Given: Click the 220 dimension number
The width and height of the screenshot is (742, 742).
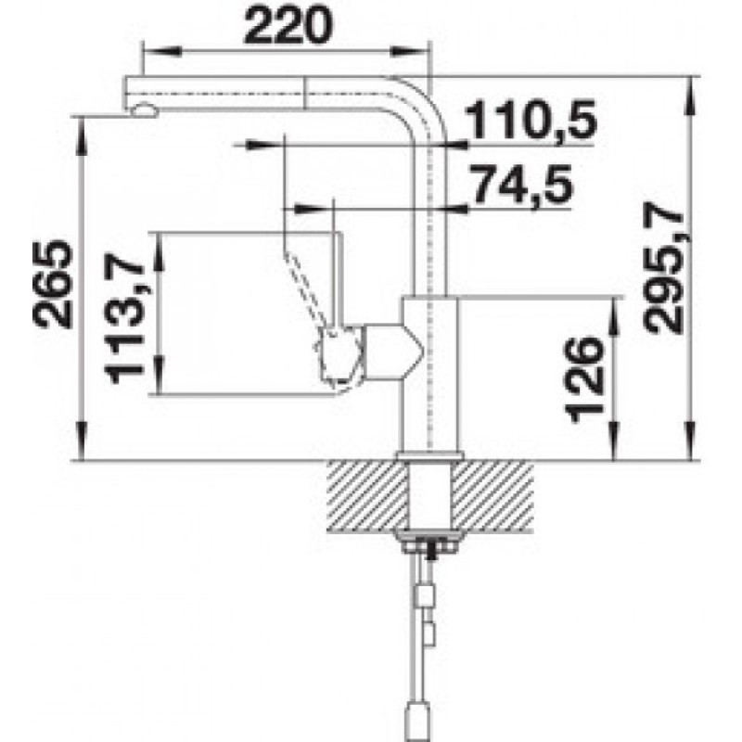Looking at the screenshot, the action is [288, 25].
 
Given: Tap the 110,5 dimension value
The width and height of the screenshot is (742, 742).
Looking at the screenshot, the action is [531, 121].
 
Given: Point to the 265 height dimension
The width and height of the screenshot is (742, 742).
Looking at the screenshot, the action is [53, 285].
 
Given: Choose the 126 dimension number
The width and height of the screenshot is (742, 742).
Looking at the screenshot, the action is [585, 379].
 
